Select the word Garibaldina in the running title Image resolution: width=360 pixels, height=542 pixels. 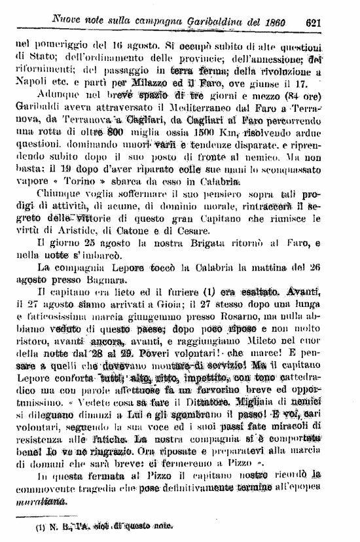click(200, 22)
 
